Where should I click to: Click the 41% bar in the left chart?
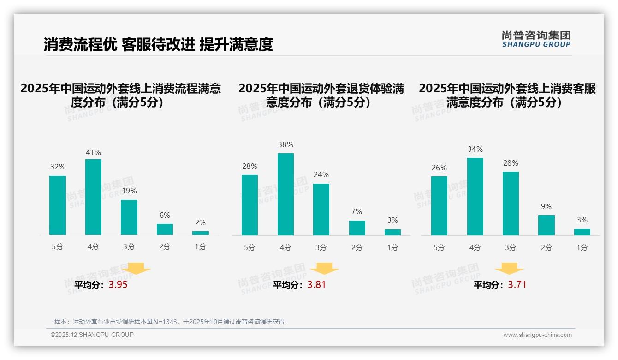(93, 197)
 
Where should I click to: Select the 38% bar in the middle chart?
(285, 194)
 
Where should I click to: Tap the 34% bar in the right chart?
(475, 197)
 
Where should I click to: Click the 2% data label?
(200, 222)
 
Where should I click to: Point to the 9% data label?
(546, 206)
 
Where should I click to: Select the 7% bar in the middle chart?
(357, 228)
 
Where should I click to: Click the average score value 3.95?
(118, 285)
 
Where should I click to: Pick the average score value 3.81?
(316, 285)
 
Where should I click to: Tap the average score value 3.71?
(517, 285)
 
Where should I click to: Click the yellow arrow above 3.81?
(324, 269)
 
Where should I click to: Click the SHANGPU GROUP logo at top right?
(536, 39)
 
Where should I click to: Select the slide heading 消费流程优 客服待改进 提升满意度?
(158, 44)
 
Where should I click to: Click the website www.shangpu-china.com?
(537, 335)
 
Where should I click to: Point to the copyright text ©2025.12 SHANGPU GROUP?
(92, 335)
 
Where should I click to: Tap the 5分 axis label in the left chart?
(58, 247)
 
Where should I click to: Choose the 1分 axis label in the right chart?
(582, 248)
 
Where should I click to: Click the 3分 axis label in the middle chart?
(321, 248)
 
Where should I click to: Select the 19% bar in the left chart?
(129, 217)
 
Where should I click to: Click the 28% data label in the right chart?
(511, 163)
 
